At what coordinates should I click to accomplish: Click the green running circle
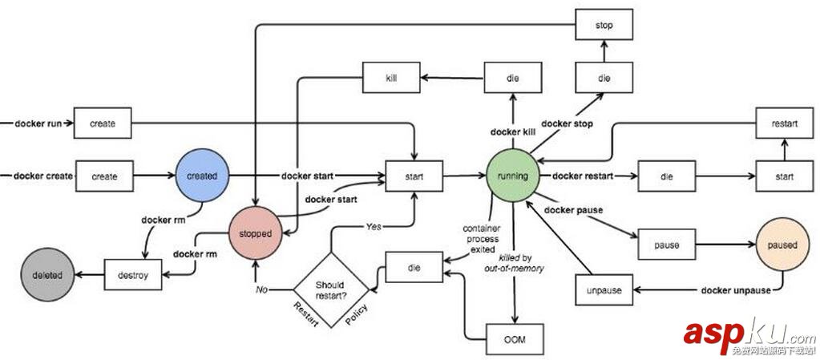click(x=514, y=176)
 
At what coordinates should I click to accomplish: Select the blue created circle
click(x=202, y=176)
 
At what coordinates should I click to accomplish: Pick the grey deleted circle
click(x=45, y=274)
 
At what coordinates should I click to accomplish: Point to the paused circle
click(x=781, y=245)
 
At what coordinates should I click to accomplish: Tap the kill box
click(x=391, y=78)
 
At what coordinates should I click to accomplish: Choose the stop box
click(x=604, y=26)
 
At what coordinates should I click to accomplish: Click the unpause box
click(x=604, y=289)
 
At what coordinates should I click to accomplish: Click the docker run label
click(x=38, y=123)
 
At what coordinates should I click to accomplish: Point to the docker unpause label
click(x=735, y=289)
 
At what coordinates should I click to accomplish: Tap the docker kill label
click(x=513, y=131)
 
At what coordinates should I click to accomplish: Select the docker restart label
click(x=584, y=176)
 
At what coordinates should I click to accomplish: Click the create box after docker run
click(x=103, y=123)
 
